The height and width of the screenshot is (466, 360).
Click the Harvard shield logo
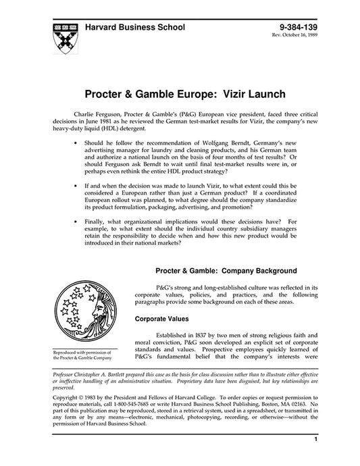point(59,33)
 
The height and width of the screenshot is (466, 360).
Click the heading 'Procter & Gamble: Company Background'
point(226,271)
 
